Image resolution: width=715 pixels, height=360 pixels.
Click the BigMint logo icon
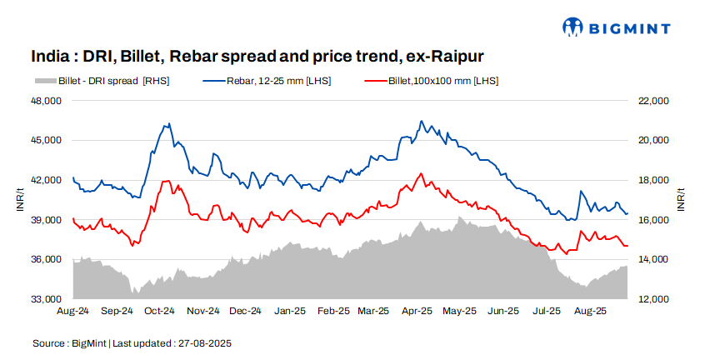(572, 27)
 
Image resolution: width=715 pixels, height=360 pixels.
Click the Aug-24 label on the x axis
(73, 311)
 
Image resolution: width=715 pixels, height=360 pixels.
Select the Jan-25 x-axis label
(289, 311)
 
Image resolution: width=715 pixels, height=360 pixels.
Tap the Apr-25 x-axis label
(417, 311)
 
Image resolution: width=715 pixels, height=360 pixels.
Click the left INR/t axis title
(20, 200)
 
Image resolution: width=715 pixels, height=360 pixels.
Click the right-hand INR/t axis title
(681, 200)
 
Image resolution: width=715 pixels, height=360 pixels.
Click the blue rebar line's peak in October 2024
(169, 124)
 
